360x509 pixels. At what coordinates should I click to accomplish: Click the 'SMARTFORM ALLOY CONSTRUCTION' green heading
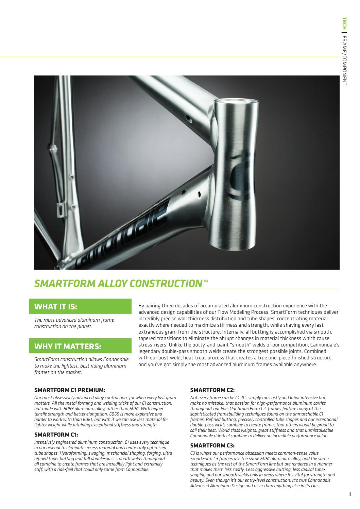[119, 283]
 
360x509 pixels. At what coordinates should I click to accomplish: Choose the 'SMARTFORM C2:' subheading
[212, 390]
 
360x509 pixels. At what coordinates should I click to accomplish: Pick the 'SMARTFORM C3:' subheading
[212, 445]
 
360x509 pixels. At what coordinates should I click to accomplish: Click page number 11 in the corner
[349, 494]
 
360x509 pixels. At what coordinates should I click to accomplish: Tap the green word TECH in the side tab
[344, 23]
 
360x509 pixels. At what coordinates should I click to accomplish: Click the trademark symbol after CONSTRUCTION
[205, 281]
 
